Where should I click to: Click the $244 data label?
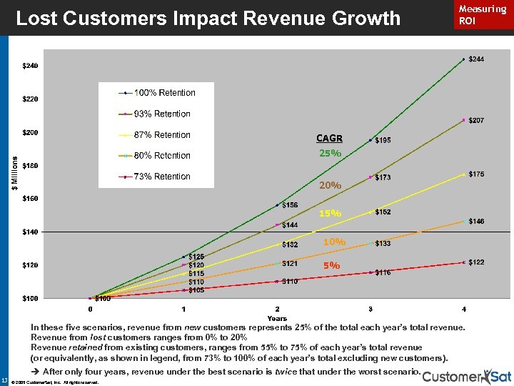click(x=476, y=59)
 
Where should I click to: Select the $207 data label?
click(x=476, y=121)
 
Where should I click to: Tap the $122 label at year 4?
click(x=476, y=262)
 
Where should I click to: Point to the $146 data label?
click(x=476, y=222)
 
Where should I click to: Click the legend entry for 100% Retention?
click(x=165, y=93)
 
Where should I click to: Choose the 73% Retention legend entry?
click(x=162, y=177)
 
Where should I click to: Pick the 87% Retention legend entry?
click(x=162, y=135)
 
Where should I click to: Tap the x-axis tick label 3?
click(x=370, y=309)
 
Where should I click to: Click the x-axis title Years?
click(x=277, y=318)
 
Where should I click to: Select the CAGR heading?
click(x=329, y=139)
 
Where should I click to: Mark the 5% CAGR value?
click(x=331, y=265)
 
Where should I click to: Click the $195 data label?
click(x=383, y=141)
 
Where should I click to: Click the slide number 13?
click(x=5, y=380)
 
